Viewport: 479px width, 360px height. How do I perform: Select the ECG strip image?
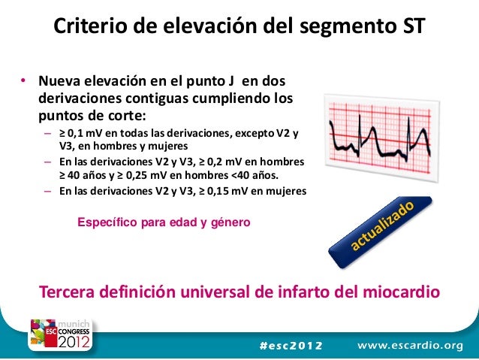click(x=380, y=138)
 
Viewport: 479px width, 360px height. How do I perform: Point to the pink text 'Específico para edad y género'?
click(x=164, y=222)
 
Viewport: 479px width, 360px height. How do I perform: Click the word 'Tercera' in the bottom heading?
click(x=73, y=292)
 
